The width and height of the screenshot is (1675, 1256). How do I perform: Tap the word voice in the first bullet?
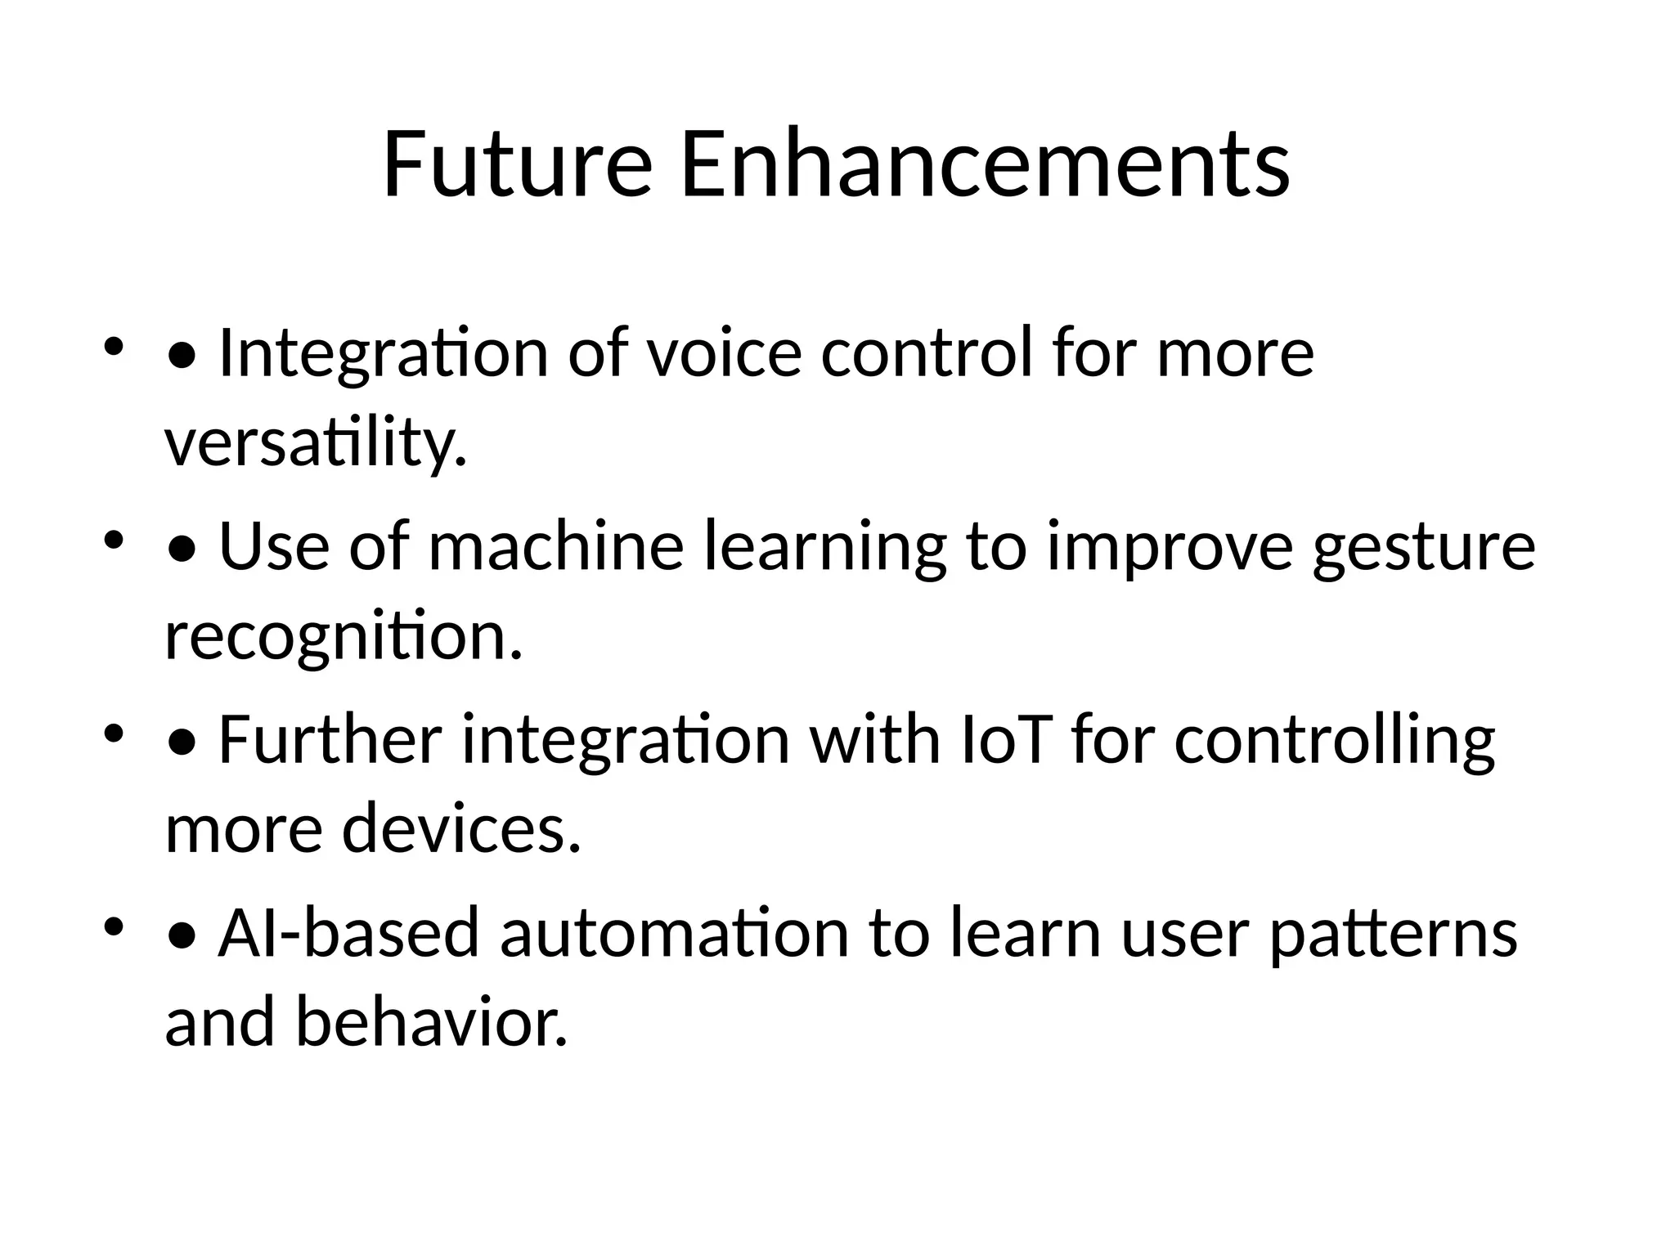[x=724, y=353]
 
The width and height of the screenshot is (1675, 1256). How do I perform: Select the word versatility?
[x=316, y=443]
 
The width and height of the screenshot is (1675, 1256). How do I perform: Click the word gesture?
[x=1424, y=548]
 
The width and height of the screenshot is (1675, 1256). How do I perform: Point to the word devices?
[x=461, y=829]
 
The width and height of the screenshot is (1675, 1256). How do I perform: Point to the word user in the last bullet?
[x=1185, y=934]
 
